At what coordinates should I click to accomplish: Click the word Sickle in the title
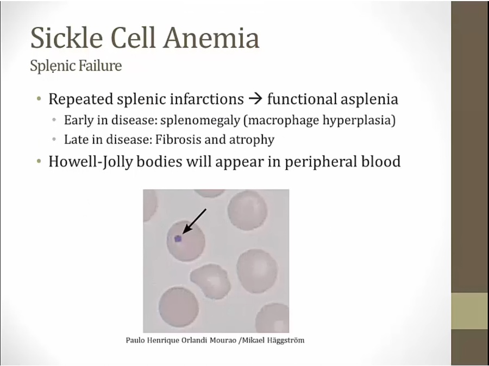(x=67, y=37)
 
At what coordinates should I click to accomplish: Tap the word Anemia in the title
(x=212, y=37)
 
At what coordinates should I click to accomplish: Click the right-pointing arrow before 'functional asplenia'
(x=255, y=100)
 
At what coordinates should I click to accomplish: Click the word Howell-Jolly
(x=91, y=162)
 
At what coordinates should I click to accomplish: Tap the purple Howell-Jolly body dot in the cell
(x=178, y=239)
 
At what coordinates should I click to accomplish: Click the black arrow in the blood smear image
(x=194, y=221)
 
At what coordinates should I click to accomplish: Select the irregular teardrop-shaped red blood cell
(x=211, y=281)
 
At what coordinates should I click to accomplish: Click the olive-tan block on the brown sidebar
(x=469, y=311)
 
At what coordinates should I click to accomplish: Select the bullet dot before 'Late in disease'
(x=54, y=140)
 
